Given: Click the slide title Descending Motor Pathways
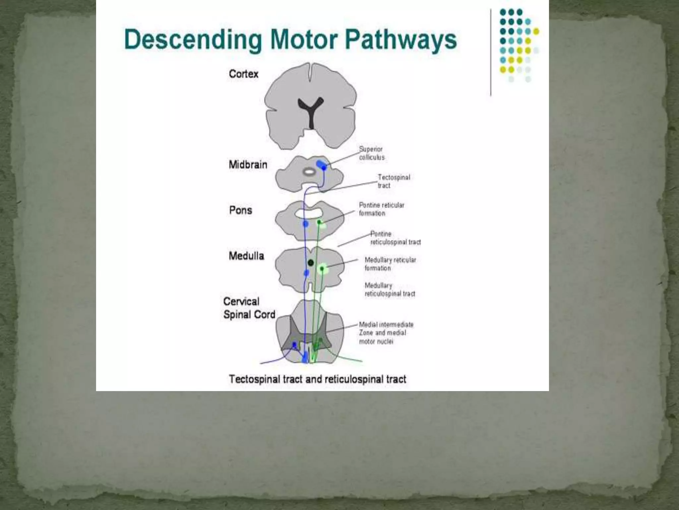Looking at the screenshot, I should pos(290,40).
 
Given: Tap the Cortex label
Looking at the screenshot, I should pos(243,74).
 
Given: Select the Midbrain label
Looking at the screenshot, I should pos(248,165).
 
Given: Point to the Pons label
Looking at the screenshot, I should pos(240,210).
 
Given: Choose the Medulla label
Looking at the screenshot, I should pos(246,256).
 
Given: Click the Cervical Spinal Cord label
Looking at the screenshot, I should pos(249,308).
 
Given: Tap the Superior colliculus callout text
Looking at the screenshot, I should pos(372,153).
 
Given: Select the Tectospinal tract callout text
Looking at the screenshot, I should pos(394,181).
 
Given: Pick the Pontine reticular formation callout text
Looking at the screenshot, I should pos(381,209).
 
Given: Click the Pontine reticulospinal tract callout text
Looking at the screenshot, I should pos(395,238).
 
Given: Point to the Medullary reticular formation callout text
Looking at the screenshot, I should pos(390,264).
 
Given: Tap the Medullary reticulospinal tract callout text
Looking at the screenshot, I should pos(390,290).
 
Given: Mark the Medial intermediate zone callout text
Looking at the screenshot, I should pos(386,333).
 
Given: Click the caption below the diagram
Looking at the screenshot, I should pos(317,379).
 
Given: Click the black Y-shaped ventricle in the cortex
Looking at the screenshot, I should pos(311,110).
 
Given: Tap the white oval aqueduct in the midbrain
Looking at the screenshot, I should pos(309,172).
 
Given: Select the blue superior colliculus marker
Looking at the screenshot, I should pos(321,165).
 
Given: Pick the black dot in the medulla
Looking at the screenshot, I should pos(311,263).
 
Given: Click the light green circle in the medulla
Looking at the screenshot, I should pos(322,269).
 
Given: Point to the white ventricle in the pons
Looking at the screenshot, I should pos(309,213).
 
